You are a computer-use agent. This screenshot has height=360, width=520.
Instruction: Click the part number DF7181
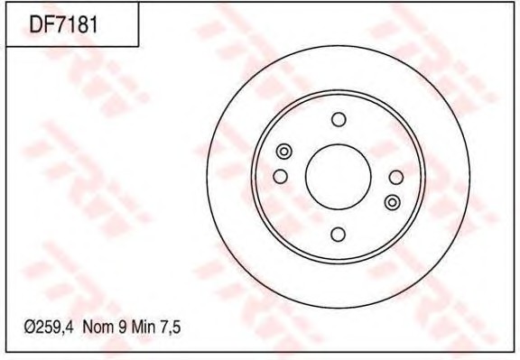(x=64, y=24)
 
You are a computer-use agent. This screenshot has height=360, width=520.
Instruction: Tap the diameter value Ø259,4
(x=49, y=328)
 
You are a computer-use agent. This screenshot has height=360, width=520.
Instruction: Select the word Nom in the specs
(x=97, y=328)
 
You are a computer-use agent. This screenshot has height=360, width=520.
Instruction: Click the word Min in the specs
(x=143, y=328)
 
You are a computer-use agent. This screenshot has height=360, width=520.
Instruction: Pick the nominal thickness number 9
(x=122, y=328)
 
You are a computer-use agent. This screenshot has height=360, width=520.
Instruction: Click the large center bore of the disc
(x=338, y=177)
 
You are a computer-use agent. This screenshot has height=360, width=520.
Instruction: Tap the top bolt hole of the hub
(x=339, y=119)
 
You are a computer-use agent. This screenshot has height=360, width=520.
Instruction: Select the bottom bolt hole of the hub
(x=338, y=235)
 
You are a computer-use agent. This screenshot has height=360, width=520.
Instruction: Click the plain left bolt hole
(x=280, y=176)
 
